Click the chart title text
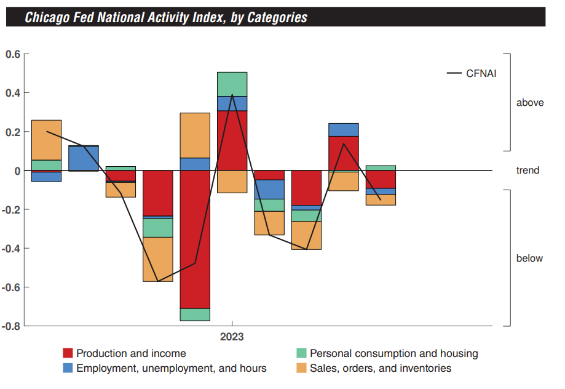(166, 17)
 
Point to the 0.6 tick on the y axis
(13, 54)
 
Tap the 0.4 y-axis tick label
(13, 93)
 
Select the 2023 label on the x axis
(232, 337)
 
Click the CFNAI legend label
(481, 73)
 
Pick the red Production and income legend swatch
(68, 353)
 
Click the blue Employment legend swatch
(68, 368)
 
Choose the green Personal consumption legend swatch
(301, 353)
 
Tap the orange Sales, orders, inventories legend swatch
(301, 368)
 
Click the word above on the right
(530, 103)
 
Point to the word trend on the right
(527, 170)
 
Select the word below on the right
(529, 259)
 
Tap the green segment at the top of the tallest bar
(232, 84)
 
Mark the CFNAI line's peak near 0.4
(232, 95)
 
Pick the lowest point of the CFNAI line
(158, 281)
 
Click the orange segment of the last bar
(381, 199)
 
